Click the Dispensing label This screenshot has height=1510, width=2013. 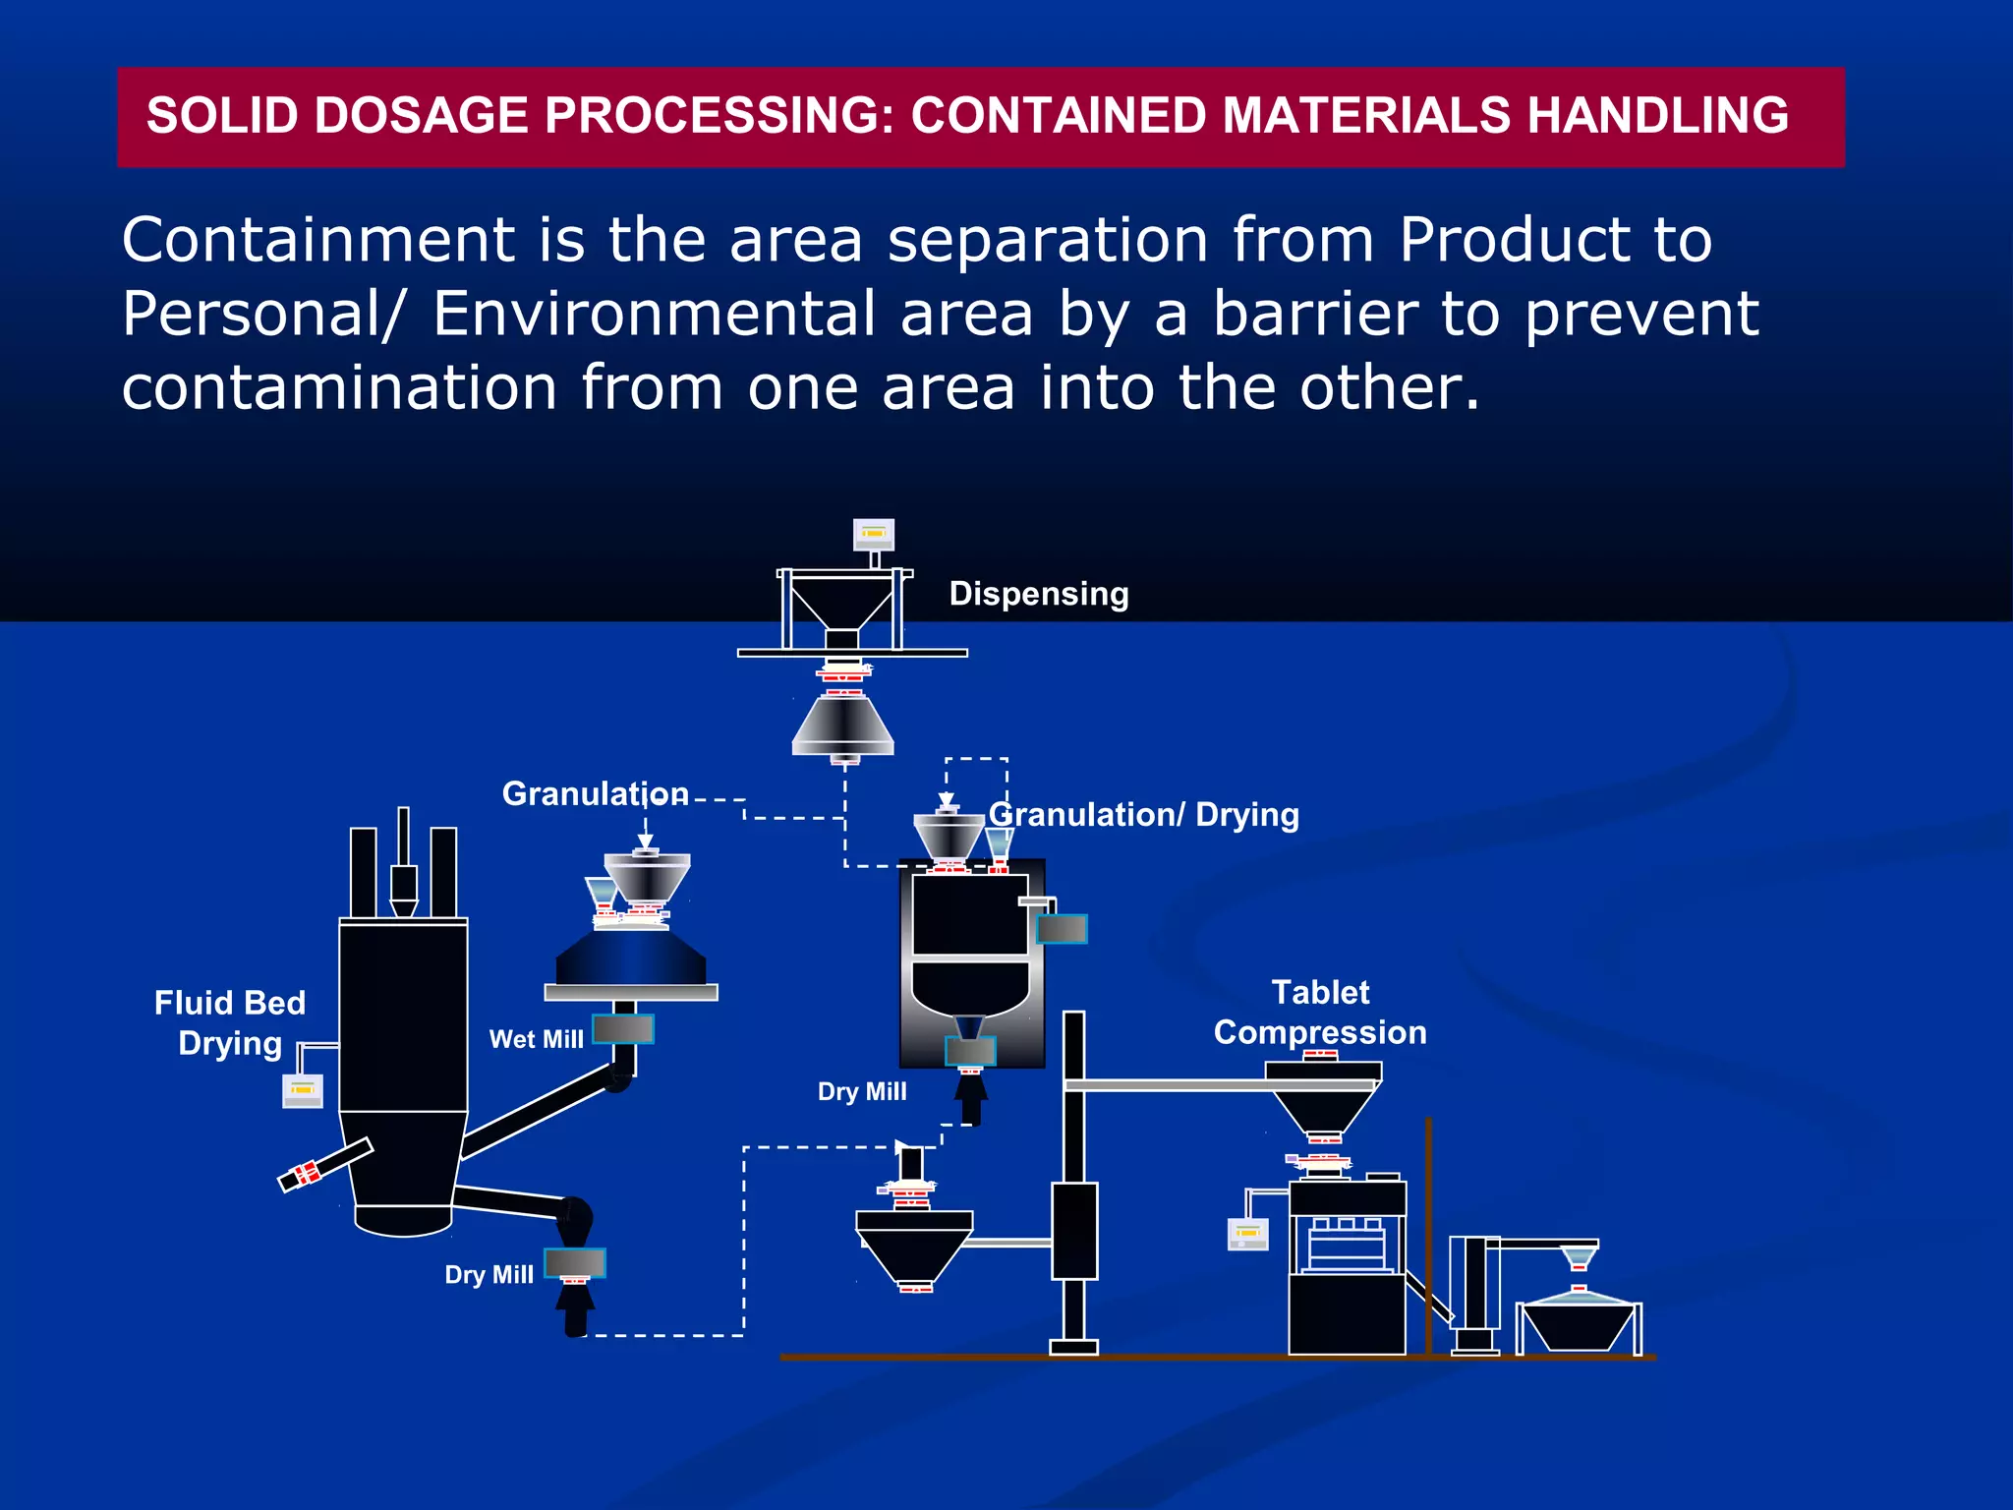point(1039,595)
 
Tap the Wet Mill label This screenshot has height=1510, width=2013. point(537,1039)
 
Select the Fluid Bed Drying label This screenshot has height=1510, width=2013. point(230,1023)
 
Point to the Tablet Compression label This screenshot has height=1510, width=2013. point(1320,1013)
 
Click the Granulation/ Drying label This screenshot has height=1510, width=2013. point(1144,815)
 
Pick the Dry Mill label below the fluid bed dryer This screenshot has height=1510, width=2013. point(489,1275)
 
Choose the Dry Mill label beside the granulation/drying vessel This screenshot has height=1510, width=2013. point(862,1092)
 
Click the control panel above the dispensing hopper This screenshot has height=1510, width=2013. point(874,534)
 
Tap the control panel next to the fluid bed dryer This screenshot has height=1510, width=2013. point(302,1091)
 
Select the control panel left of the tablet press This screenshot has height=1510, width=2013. point(1248,1234)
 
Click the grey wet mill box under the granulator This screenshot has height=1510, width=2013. point(623,1029)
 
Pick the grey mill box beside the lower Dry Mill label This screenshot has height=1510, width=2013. point(575,1262)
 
